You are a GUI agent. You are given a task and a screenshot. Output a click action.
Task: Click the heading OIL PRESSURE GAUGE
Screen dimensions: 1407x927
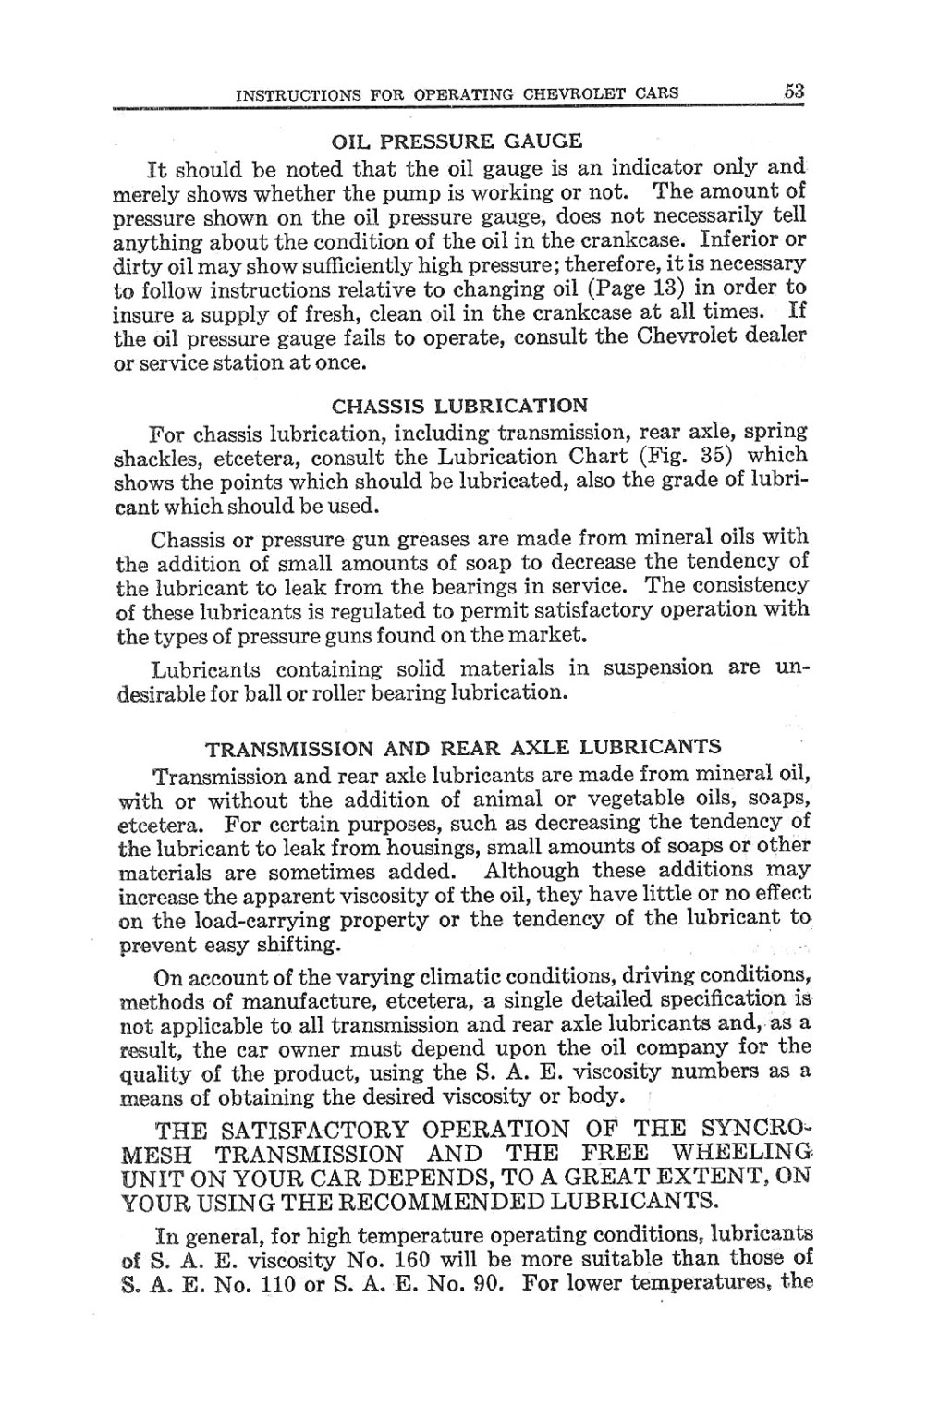point(457,142)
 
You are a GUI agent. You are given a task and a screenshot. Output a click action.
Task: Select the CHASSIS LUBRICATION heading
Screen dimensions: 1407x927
point(458,406)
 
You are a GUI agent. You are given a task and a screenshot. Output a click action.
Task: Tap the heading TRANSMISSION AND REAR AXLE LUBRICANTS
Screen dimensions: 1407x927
point(463,746)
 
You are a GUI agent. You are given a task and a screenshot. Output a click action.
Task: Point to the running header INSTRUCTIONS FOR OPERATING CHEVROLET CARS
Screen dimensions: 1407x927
point(457,93)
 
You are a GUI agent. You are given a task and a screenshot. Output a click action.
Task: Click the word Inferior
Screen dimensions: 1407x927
point(745,239)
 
